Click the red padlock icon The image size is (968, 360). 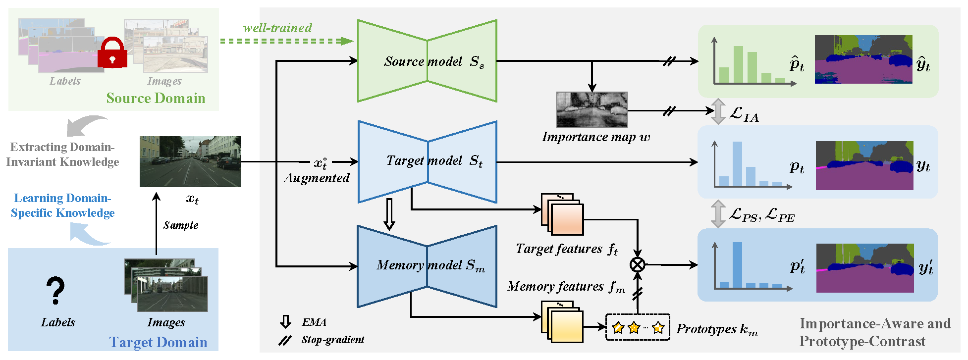point(112,53)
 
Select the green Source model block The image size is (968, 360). point(427,61)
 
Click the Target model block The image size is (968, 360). point(427,161)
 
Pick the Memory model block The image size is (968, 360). point(427,266)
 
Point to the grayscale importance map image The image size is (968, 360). point(592,109)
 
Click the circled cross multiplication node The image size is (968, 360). point(638,264)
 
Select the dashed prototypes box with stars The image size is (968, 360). point(638,327)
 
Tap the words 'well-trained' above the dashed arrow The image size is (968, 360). point(277,28)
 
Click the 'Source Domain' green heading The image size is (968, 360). point(156,98)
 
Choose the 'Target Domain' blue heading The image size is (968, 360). point(158,342)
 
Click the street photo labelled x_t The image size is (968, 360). point(190,161)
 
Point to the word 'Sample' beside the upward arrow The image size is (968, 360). point(181,225)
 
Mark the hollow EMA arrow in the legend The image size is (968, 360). point(285,322)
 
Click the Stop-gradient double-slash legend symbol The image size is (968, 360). point(285,340)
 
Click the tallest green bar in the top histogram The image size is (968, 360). point(738,64)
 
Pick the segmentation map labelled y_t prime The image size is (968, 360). point(865,268)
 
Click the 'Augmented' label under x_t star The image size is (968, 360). point(317,178)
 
